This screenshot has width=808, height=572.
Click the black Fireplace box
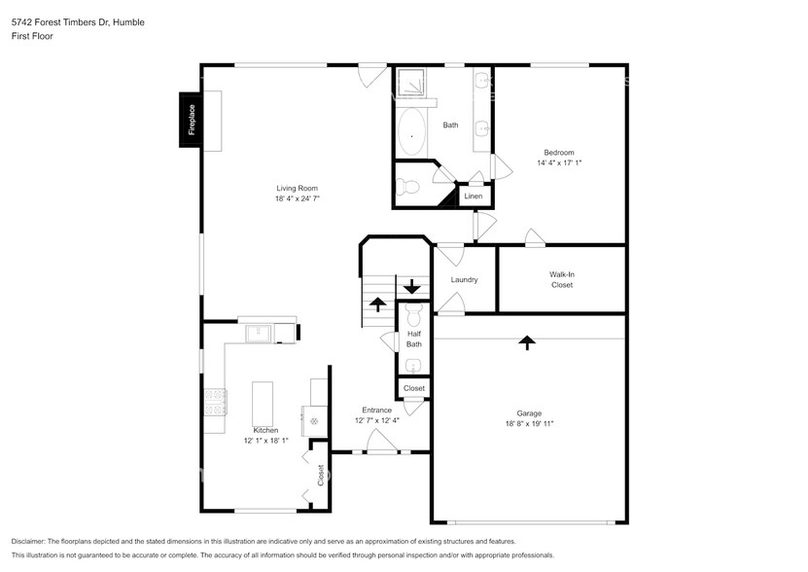[x=191, y=120]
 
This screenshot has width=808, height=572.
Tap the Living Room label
[x=297, y=189]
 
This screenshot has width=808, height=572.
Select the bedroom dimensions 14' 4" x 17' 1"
[x=559, y=163]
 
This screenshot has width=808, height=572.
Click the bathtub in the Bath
[x=412, y=133]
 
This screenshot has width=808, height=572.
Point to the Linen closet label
[x=473, y=197]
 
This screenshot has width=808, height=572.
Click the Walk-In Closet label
[x=561, y=280]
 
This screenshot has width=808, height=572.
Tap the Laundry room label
[x=464, y=280]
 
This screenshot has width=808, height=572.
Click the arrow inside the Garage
[x=526, y=342]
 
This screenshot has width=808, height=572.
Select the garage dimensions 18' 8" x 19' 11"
[x=529, y=424]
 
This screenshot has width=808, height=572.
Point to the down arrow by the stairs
[x=412, y=287]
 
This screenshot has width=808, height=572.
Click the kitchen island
[x=263, y=400]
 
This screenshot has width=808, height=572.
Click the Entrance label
[x=376, y=410]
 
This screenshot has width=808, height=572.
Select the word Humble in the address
[x=128, y=21]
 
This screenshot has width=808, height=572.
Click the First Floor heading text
[x=32, y=36]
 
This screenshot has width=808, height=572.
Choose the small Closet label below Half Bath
[x=414, y=388]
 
